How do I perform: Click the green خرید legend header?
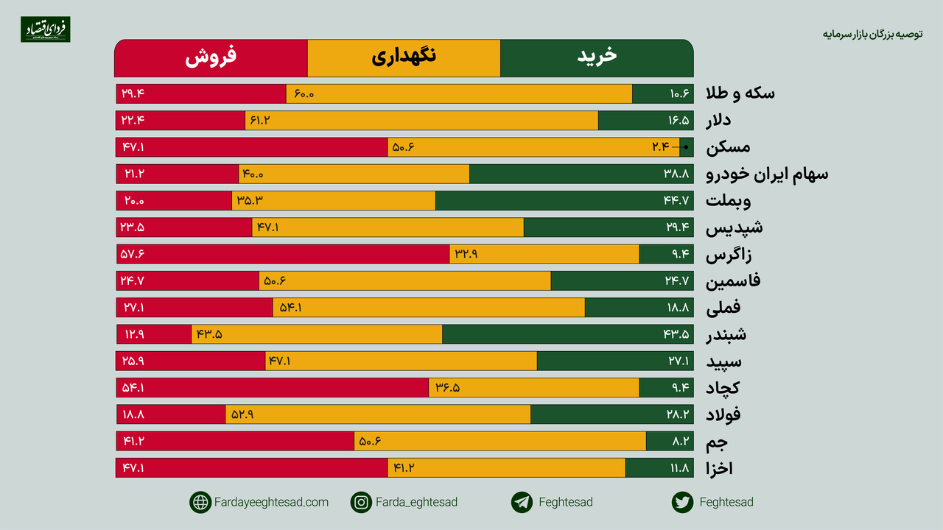point(597,58)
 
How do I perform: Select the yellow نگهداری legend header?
point(404,58)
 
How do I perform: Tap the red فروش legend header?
point(211,58)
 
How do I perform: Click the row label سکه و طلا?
point(740,93)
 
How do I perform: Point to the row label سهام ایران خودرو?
point(767,174)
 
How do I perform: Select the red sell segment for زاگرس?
point(283,254)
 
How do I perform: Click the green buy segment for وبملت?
point(564,201)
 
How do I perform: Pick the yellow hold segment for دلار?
point(421,120)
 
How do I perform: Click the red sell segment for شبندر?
point(154,334)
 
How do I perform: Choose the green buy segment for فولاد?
point(611,414)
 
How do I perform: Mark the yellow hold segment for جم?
point(500,441)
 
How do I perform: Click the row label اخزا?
point(719,469)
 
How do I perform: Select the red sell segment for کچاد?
point(273,388)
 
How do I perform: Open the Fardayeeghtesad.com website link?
point(271,502)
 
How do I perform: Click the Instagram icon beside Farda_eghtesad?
point(361,502)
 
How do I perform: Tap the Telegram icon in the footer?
point(522,502)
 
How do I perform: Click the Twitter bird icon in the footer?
point(682,502)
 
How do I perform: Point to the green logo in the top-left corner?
point(46,29)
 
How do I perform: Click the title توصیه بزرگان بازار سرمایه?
point(872,34)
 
